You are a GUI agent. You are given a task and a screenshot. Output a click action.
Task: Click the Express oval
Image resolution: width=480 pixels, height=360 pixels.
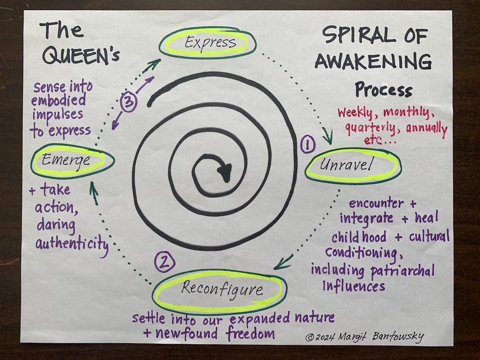point(208,42)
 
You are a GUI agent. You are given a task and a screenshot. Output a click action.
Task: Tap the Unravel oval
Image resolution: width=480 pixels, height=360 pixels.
point(353,165)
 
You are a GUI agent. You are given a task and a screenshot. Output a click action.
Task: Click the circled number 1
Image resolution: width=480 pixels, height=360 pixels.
point(308,145)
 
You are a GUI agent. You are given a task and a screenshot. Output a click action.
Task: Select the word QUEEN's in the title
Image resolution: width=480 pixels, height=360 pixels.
point(80,56)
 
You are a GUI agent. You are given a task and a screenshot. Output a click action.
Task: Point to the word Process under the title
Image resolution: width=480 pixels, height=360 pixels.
point(383,90)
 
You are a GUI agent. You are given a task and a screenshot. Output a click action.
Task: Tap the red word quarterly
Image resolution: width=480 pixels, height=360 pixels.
point(370,129)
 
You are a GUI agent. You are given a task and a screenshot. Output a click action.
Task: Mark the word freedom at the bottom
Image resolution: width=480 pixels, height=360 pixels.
point(250,333)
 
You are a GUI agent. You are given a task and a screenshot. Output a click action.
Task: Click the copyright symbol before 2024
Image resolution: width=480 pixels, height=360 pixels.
point(309,338)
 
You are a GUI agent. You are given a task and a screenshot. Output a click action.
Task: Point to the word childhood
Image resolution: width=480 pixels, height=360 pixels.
point(359,237)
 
